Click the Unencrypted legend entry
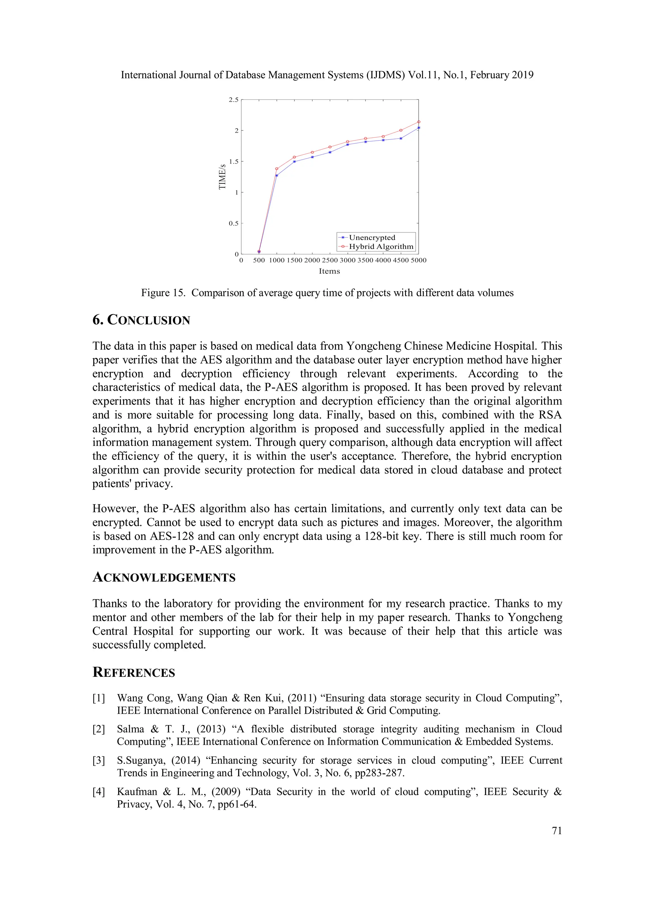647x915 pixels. (372, 238)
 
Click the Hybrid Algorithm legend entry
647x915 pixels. (381, 246)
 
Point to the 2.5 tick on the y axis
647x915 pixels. (233, 99)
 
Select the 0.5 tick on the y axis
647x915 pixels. (233, 223)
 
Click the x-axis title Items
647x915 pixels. (329, 271)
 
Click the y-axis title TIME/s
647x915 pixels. (222, 177)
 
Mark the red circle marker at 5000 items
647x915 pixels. (419, 122)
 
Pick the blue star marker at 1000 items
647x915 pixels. (277, 175)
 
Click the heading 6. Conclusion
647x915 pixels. (141, 320)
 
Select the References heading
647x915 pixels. (134, 672)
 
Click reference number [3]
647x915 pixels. (99, 760)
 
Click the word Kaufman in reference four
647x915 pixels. (137, 792)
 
